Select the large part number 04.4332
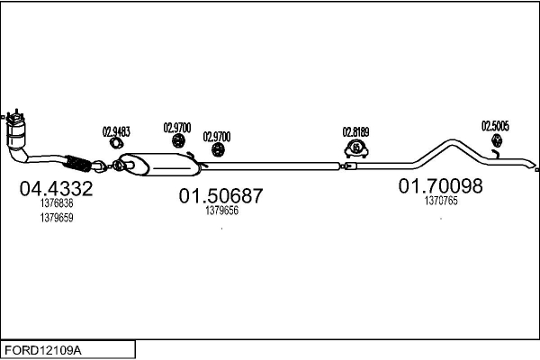tap(56, 190)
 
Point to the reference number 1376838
tap(56, 204)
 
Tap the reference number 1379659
tap(56, 217)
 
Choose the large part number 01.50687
tap(220, 196)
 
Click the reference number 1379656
tap(221, 211)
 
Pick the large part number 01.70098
tap(441, 186)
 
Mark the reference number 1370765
tap(441, 202)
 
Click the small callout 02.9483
tap(116, 131)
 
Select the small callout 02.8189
tap(356, 131)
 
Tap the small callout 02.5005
tap(495, 126)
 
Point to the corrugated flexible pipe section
tap(78, 163)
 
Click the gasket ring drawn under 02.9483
tap(116, 143)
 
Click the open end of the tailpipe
tap(535, 169)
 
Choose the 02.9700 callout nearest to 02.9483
tap(176, 128)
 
